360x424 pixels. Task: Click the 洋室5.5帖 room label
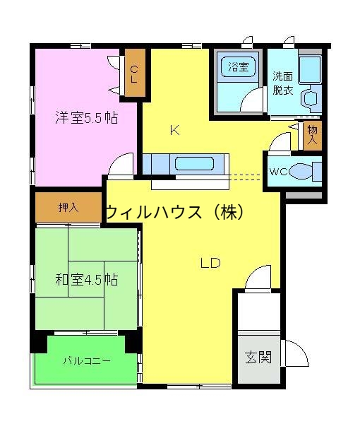tap(86, 118)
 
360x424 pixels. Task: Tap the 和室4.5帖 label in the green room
tap(87, 280)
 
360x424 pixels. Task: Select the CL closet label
tap(133, 73)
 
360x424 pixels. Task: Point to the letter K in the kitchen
tap(174, 130)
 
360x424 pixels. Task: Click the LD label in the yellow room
tap(210, 264)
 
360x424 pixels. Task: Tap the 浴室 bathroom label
tap(238, 68)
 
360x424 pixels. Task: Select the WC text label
tap(278, 171)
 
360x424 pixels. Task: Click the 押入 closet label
tap(69, 208)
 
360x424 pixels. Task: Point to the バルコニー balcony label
tap(86, 360)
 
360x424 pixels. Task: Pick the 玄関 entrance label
tap(258, 356)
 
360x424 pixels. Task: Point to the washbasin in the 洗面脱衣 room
tap(309, 99)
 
